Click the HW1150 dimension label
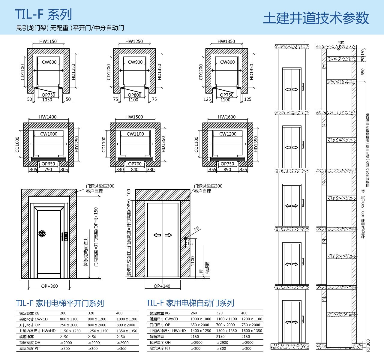48,41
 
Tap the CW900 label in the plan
135,62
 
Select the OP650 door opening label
48,164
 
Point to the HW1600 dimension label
227,117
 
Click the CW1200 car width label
228,134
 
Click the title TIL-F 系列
43,14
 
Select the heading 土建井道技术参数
316,18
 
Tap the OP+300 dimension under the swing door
49,286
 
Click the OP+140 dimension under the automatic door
162,286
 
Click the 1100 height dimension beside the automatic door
193,261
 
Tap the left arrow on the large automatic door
157,235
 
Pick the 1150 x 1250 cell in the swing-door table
70,331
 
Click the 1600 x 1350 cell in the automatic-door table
252,331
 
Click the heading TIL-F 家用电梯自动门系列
190,303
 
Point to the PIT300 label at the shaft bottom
368,345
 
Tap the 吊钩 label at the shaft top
341,43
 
